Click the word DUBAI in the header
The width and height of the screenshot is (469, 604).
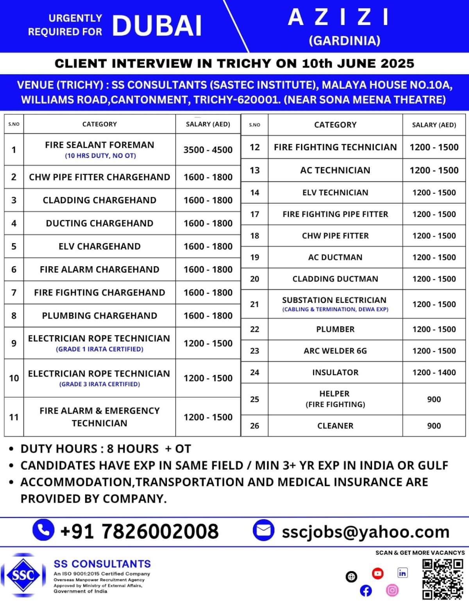[157, 26]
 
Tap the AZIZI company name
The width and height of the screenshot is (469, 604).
[338, 18]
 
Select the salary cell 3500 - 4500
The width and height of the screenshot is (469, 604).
[208, 150]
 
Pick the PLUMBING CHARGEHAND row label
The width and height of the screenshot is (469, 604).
[100, 315]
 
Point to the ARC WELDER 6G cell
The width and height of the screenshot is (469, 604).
[335, 351]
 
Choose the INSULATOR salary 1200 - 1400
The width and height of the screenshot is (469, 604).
[434, 372]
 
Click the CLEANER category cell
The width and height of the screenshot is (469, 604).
[335, 426]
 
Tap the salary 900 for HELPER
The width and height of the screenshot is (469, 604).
[434, 399]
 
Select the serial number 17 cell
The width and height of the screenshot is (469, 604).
[254, 214]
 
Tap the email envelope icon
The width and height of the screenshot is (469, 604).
[264, 530]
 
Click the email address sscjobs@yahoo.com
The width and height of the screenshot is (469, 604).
[365, 532]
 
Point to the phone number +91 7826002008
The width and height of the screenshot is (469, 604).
[140, 531]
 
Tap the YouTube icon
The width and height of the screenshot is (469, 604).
[378, 574]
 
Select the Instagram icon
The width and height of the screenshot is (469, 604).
[392, 590]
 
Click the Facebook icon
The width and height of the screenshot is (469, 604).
[366, 590]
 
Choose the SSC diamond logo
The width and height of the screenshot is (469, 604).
[23, 575]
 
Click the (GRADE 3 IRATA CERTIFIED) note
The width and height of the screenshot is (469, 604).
[100, 384]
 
